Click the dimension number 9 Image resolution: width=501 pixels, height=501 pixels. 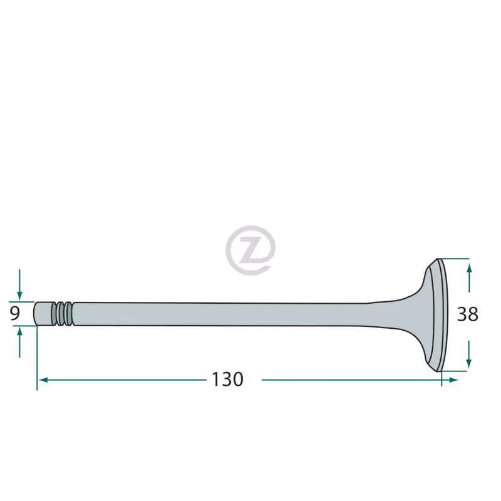click(14, 314)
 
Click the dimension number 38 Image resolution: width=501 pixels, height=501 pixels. click(468, 314)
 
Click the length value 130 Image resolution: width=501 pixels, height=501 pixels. click(227, 380)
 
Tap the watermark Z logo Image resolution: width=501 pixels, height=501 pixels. click(250, 250)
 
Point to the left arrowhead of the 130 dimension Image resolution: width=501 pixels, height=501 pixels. click(43, 380)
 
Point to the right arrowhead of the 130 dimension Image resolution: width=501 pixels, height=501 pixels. click(453, 380)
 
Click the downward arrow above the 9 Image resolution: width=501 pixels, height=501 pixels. click(20, 285)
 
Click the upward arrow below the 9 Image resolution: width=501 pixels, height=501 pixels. click(20, 343)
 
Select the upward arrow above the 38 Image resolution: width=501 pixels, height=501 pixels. click(469, 278)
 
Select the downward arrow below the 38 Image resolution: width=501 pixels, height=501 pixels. click(468, 354)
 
